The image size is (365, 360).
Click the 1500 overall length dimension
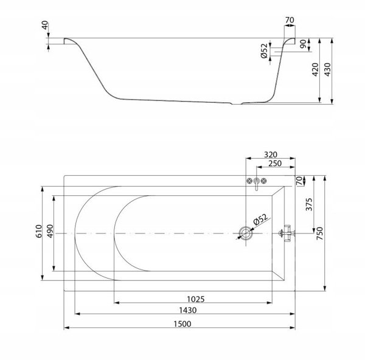click(x=182, y=324)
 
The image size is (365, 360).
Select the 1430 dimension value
click(x=187, y=310)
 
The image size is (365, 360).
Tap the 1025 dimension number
click(x=196, y=299)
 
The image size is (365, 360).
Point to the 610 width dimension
click(x=39, y=231)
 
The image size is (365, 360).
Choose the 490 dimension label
click(x=50, y=231)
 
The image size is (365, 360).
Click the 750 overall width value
click(x=320, y=234)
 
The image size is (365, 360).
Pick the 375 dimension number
click(x=309, y=204)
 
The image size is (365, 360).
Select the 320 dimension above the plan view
click(x=271, y=154)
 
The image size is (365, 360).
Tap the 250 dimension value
click(x=275, y=164)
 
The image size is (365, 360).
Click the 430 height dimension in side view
click(x=327, y=69)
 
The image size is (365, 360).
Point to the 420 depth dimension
click(x=315, y=69)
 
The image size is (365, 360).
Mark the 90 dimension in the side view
click(x=303, y=44)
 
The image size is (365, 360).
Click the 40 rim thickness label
click(x=45, y=25)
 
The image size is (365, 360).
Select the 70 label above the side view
click(x=290, y=20)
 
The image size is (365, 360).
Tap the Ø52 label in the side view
click(x=264, y=50)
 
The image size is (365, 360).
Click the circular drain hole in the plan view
click(x=245, y=233)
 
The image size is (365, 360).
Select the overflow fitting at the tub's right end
click(x=287, y=233)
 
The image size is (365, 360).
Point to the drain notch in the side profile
click(x=237, y=103)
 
